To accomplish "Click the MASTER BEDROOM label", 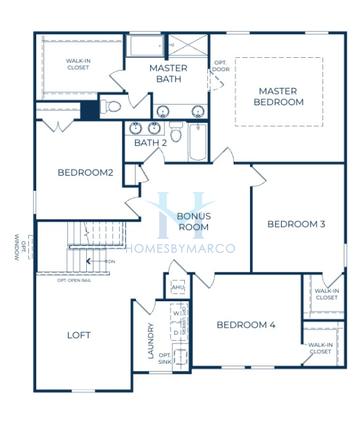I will coord(278,96).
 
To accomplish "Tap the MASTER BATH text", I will coord(169,74).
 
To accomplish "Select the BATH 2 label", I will coord(150,142).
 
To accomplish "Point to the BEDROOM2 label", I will coord(85,173).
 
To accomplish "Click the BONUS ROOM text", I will coord(193,221).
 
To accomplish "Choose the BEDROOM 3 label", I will coord(296,224).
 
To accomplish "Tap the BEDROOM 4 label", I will coord(246,324).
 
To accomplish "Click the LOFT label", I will coord(79,335).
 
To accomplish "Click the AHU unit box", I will coord(179,288).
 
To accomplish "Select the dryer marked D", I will coord(177,332).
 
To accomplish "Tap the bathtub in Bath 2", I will coord(198,143).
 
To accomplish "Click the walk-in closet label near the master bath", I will coord(78,65).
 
